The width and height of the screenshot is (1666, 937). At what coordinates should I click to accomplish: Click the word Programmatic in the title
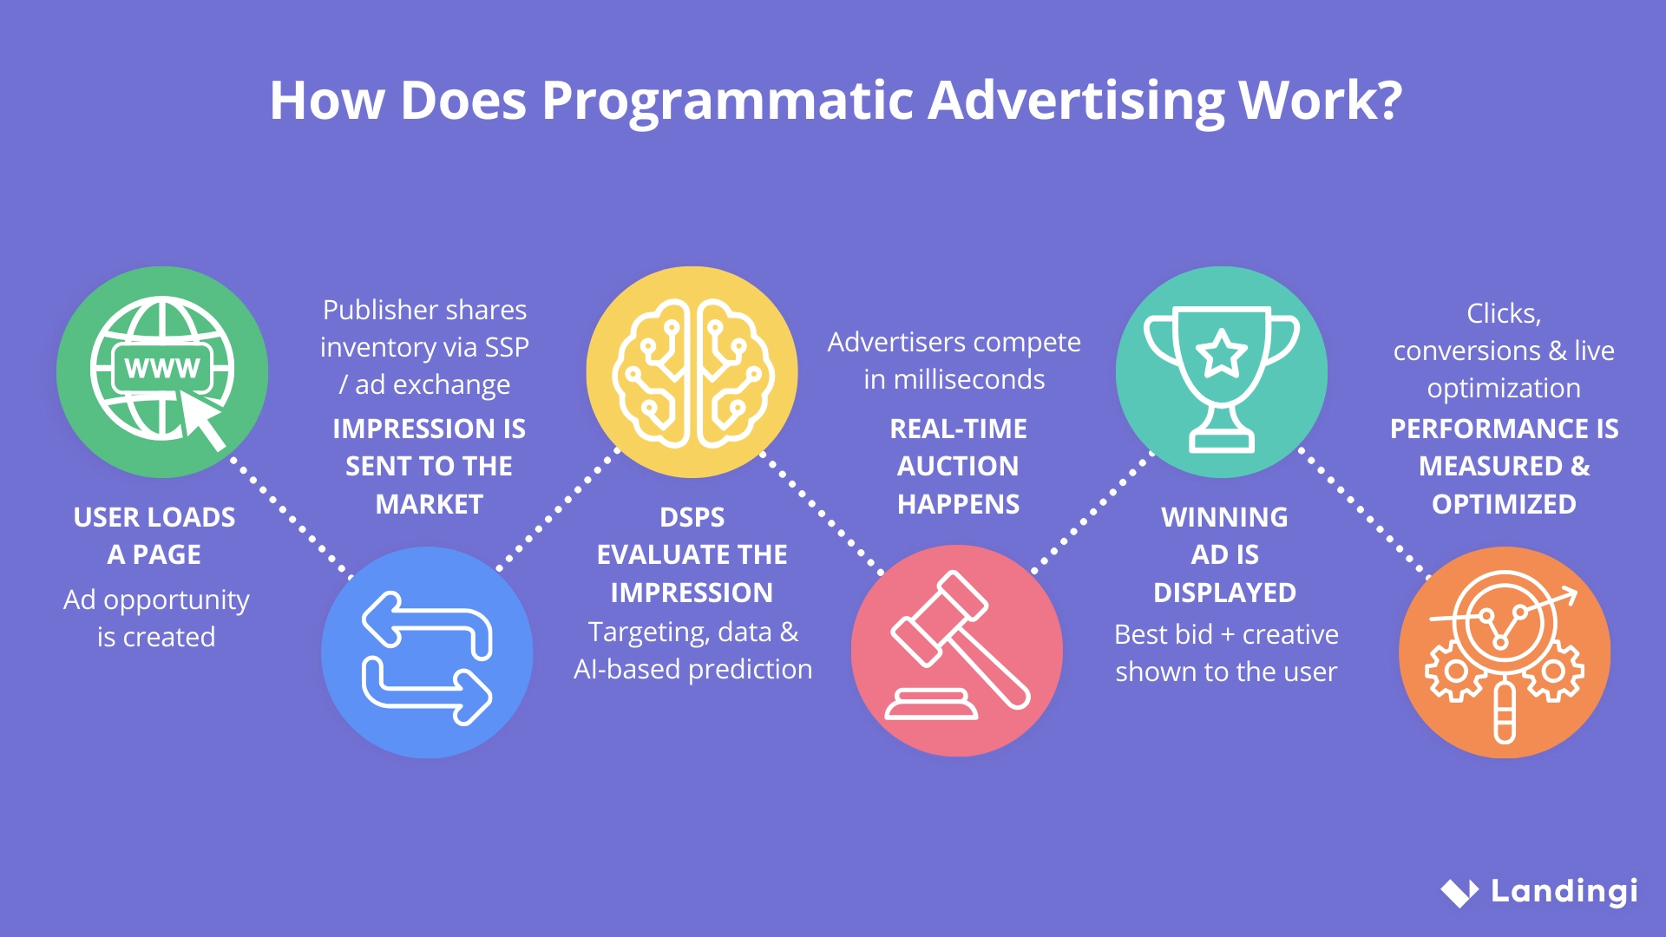[726, 101]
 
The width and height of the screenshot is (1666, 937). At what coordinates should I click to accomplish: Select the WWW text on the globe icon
[161, 368]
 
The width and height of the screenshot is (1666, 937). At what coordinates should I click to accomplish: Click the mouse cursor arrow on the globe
[203, 421]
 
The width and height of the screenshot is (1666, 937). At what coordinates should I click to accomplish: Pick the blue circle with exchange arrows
[427, 652]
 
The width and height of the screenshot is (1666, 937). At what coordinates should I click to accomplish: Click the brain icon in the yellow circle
[692, 373]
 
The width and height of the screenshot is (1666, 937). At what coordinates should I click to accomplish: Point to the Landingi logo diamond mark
[1459, 892]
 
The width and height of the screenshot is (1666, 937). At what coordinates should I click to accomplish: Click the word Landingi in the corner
[1564, 891]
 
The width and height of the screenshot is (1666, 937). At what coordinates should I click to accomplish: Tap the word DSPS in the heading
[692, 517]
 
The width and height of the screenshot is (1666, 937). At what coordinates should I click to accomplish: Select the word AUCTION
[958, 466]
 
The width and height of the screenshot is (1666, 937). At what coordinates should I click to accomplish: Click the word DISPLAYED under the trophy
[1224, 593]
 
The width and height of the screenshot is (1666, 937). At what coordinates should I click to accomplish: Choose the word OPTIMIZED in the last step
[1504, 504]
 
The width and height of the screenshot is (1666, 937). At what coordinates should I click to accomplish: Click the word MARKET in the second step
[429, 504]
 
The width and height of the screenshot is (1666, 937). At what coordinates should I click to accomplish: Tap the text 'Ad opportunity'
[156, 600]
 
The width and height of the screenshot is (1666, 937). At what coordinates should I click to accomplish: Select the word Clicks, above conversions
[1504, 313]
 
